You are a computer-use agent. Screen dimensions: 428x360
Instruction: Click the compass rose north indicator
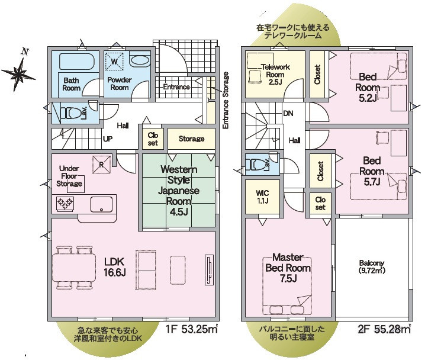click(18, 72)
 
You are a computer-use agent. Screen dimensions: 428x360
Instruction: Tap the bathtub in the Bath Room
click(77, 62)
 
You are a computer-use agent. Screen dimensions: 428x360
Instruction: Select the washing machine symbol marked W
click(114, 62)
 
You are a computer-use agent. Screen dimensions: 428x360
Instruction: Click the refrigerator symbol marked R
click(102, 164)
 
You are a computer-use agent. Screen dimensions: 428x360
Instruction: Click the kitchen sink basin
click(101, 204)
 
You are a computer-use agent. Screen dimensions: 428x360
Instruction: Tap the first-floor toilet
click(72, 113)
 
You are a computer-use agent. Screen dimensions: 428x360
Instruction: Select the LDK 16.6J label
click(115, 266)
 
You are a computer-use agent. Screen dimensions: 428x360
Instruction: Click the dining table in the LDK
click(74, 268)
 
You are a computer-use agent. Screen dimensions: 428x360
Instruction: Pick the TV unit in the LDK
click(210, 270)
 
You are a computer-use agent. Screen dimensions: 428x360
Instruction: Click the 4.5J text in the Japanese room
click(179, 211)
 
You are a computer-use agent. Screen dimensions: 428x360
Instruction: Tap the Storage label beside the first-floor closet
click(191, 139)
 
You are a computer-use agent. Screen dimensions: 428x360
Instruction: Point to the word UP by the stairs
click(108, 139)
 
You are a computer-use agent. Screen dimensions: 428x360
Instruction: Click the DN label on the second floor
click(288, 113)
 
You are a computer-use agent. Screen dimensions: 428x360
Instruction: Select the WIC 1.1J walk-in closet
click(262, 197)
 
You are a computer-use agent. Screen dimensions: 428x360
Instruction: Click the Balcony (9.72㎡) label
click(372, 266)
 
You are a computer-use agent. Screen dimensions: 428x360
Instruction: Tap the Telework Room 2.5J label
click(275, 74)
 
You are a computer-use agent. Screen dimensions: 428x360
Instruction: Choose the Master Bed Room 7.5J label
click(288, 268)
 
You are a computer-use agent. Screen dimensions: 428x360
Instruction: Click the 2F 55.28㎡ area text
click(384, 329)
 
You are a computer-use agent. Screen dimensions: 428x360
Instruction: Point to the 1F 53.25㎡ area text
click(192, 329)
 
